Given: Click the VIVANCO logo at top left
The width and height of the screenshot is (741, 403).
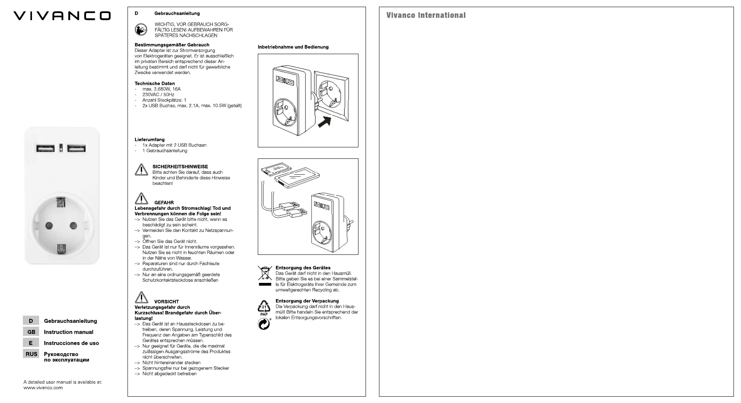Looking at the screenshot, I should (x=62, y=16).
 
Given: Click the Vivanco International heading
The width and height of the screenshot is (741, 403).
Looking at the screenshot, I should (x=426, y=15).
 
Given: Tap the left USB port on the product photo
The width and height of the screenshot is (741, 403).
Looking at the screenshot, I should (x=46, y=149).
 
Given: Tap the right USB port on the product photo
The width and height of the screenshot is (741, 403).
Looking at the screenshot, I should (x=76, y=149).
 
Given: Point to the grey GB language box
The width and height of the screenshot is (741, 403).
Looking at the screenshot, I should (x=31, y=332).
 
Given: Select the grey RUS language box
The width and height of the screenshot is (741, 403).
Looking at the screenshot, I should (x=31, y=354).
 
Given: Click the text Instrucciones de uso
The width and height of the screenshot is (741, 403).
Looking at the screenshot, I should (x=71, y=343).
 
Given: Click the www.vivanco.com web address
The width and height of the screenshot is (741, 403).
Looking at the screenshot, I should (x=43, y=388).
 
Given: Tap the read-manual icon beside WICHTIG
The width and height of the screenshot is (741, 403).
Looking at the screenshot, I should (x=141, y=30).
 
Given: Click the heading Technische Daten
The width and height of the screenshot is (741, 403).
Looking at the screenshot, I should (x=154, y=83).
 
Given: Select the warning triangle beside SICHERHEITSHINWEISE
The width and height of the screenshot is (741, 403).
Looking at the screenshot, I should (x=141, y=169).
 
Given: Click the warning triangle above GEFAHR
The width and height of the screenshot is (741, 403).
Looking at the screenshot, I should (x=141, y=198).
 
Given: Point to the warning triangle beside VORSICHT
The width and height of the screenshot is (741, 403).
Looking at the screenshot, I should (x=141, y=297).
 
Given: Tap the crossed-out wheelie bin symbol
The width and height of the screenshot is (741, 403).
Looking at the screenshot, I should (x=265, y=273).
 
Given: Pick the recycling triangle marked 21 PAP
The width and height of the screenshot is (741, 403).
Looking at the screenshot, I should (x=264, y=307).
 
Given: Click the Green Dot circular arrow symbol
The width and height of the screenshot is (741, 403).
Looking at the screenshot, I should (x=264, y=324).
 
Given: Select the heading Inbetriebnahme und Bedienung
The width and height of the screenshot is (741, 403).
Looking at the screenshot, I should (x=293, y=47).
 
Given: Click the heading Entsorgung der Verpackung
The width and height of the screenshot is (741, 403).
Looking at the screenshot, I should (x=307, y=301).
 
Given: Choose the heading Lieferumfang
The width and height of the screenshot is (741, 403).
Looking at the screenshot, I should (x=150, y=139).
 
